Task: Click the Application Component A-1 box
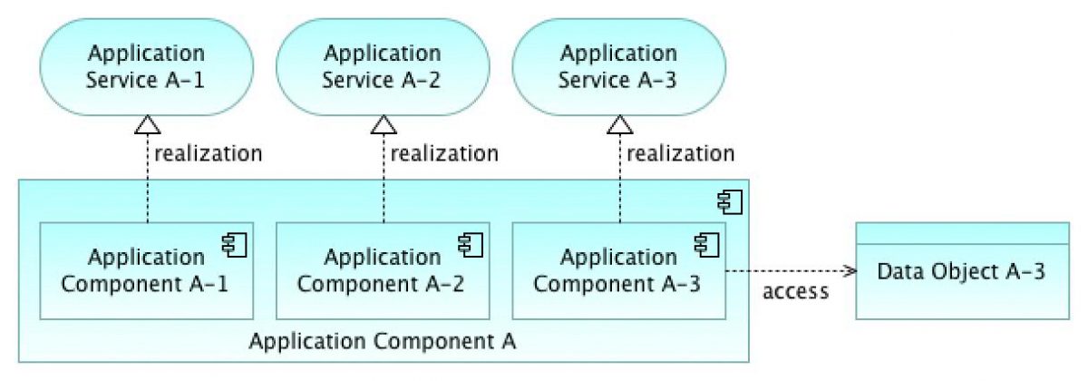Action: pyautogui.click(x=145, y=270)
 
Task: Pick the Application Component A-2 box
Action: pyautogui.click(x=383, y=270)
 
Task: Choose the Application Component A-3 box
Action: pyautogui.click(x=619, y=270)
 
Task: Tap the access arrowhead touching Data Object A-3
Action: pyautogui.click(x=850, y=270)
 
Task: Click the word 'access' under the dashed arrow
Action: pyautogui.click(x=795, y=292)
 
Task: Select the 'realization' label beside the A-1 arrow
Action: pyautogui.click(x=208, y=152)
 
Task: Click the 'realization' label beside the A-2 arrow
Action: pyautogui.click(x=444, y=152)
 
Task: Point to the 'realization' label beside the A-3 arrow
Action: pyautogui.click(x=681, y=152)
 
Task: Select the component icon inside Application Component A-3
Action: pyautogui.click(x=707, y=243)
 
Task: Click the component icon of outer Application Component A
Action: pyautogui.click(x=730, y=200)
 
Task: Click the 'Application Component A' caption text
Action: pyautogui.click(x=383, y=342)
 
